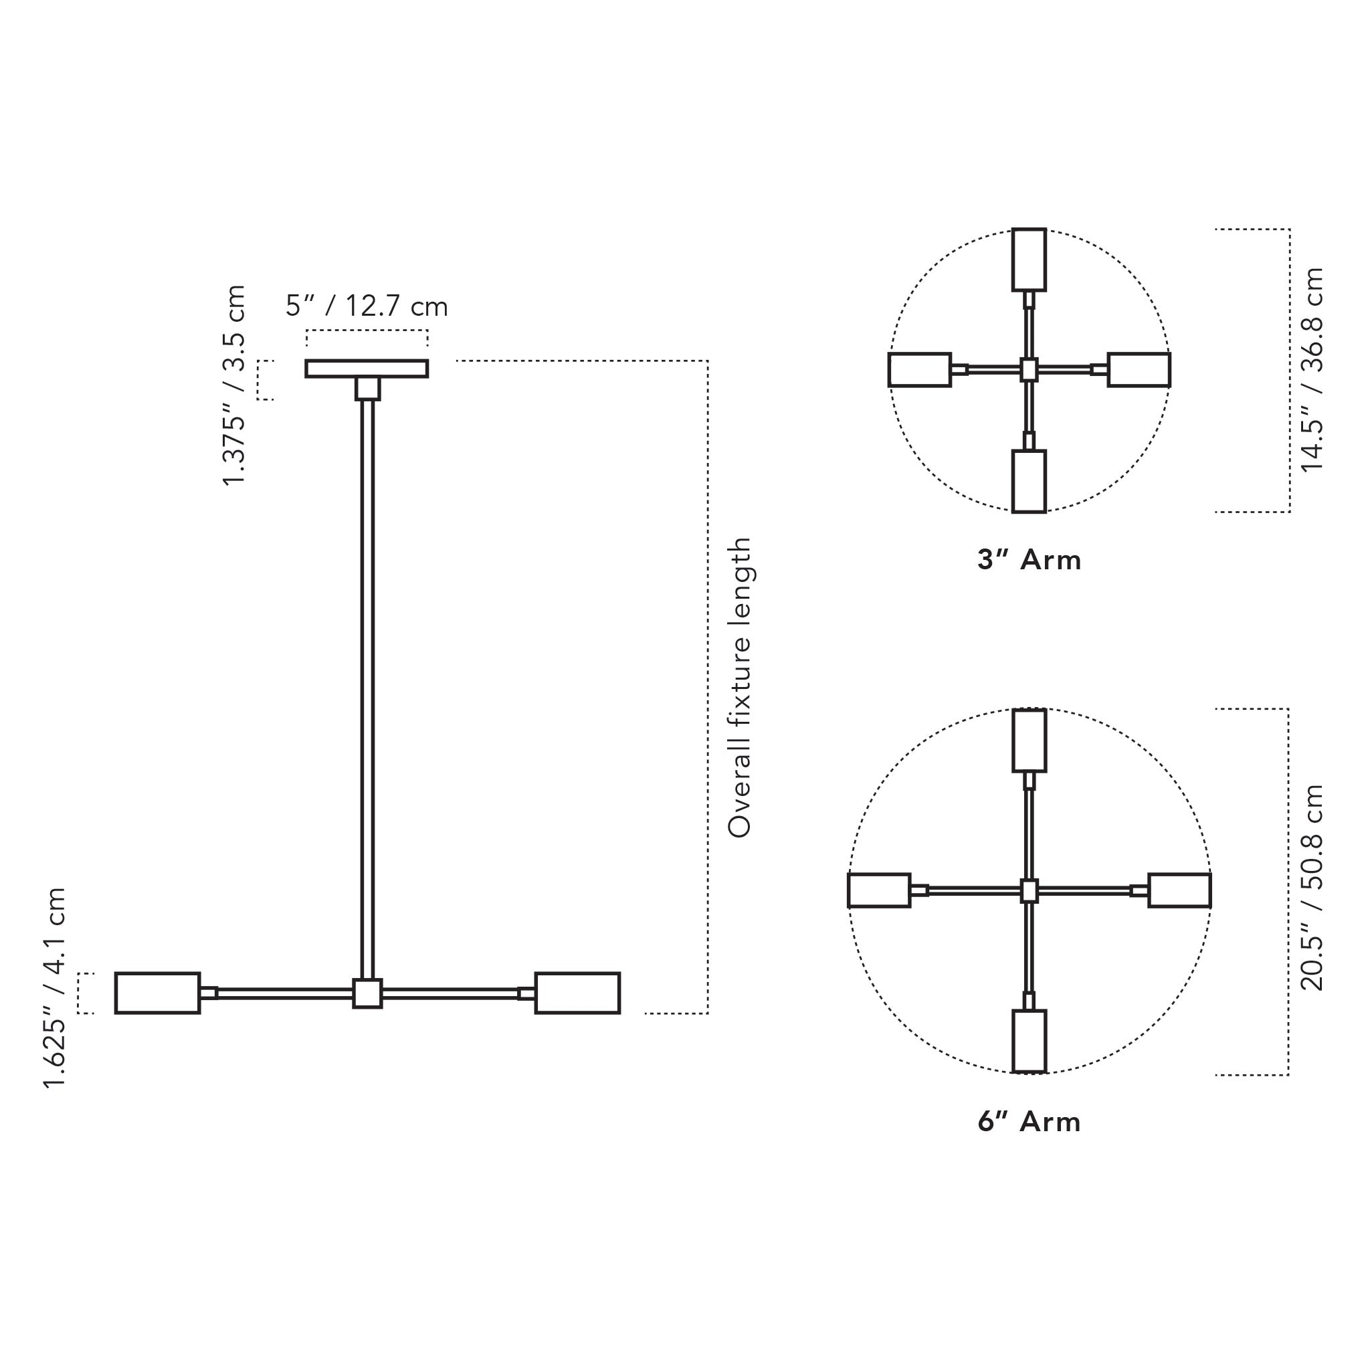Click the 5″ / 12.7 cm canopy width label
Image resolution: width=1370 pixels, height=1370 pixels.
367,306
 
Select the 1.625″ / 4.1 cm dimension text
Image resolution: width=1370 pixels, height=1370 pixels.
55,988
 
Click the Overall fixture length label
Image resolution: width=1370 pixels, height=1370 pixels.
739,687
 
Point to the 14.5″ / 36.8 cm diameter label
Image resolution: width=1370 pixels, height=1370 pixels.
1312,369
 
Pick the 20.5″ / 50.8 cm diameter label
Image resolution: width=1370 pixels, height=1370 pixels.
1312,887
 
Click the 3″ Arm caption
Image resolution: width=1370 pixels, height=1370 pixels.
1029,561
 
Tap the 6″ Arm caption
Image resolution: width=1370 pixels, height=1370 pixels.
1029,1122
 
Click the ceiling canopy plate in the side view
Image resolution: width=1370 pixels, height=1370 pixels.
367,369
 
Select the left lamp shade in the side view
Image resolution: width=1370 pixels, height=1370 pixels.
157,993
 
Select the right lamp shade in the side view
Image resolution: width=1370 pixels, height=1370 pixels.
577,993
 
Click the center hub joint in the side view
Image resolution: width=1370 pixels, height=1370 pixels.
367,993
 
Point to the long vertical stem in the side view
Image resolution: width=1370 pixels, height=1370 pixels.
367,688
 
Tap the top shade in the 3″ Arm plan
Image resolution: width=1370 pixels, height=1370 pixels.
1029,260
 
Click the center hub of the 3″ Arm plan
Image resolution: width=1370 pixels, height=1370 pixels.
1029,369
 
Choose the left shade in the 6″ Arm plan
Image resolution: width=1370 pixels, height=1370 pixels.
879,890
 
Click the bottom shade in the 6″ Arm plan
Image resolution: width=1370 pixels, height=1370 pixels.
1029,1041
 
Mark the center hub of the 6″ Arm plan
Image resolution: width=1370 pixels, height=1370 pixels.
1029,890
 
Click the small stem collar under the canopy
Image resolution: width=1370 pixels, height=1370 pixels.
367,389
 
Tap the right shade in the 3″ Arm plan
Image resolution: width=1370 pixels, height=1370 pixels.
1139,369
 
